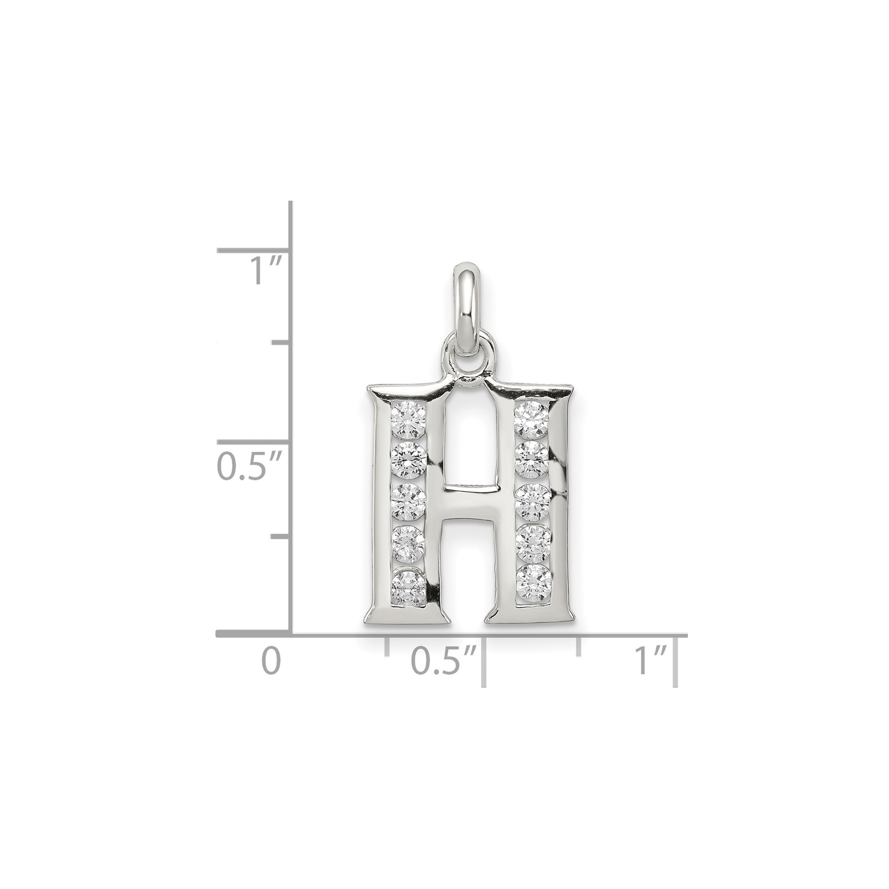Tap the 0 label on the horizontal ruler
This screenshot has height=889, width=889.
271,661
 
